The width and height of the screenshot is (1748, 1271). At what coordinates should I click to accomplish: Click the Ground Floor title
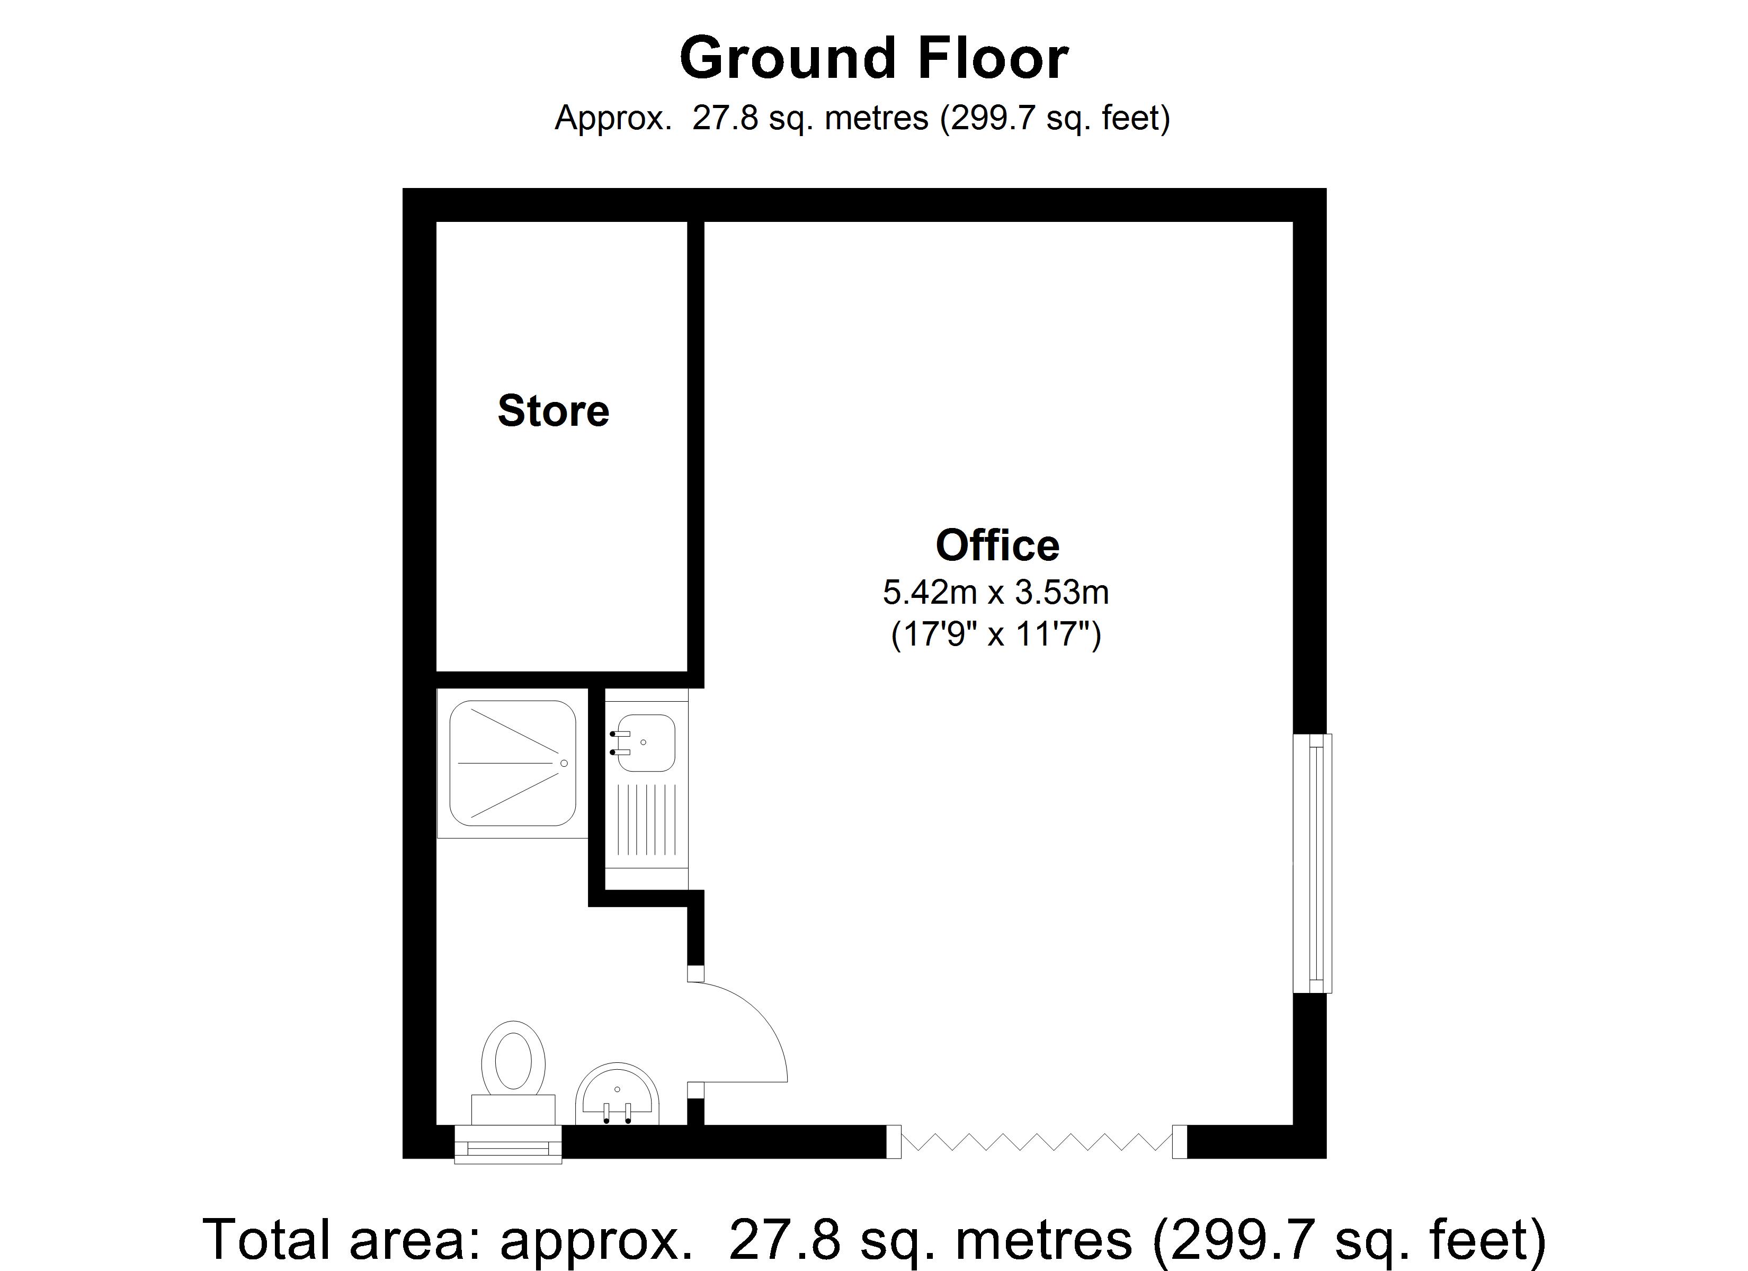coord(873,59)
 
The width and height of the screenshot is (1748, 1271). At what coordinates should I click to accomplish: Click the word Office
coord(997,545)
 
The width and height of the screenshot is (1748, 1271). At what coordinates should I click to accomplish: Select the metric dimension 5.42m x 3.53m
coord(996,593)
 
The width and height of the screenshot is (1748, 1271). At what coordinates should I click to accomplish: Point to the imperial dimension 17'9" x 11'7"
coord(996,635)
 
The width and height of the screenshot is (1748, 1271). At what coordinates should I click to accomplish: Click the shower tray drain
coord(564,763)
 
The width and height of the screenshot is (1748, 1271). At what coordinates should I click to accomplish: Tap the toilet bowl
coord(513,1058)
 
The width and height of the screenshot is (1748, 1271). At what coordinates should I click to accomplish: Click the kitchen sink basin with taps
coord(646,743)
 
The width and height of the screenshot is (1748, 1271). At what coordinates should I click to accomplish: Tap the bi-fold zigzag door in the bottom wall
coord(1037,1141)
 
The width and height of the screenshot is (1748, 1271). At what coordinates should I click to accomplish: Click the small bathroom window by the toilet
coord(508,1144)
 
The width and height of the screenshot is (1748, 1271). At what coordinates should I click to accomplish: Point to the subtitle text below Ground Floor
coord(862,119)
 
